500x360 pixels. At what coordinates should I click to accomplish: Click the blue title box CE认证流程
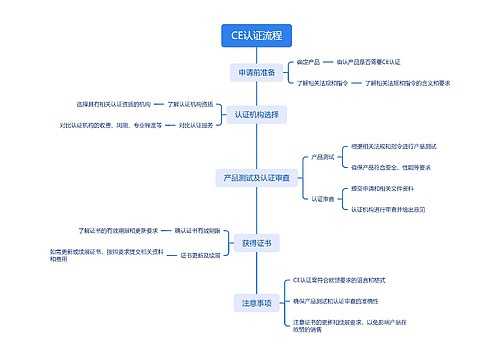pyautogui.click(x=256, y=36)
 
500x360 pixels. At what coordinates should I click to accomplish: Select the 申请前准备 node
pyautogui.click(x=257, y=73)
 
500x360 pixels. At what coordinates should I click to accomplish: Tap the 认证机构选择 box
pyautogui.click(x=256, y=115)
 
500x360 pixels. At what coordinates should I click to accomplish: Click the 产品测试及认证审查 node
pyautogui.click(x=257, y=178)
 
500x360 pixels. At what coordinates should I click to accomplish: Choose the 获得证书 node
pyautogui.click(x=257, y=243)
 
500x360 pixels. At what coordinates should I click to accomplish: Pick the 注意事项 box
pyautogui.click(x=257, y=301)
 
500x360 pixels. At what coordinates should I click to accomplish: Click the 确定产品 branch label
pyautogui.click(x=307, y=63)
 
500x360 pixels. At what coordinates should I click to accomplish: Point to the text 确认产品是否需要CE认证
pyautogui.click(x=368, y=63)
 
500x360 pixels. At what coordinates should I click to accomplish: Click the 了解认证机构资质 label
pyautogui.click(x=191, y=104)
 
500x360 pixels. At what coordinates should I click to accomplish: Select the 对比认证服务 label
pyautogui.click(x=196, y=125)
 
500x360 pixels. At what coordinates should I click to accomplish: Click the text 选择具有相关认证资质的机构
pyautogui.click(x=113, y=104)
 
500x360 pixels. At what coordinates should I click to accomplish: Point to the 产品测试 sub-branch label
pyautogui.click(x=322, y=157)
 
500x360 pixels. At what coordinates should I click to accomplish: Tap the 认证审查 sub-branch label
pyautogui.click(x=322, y=199)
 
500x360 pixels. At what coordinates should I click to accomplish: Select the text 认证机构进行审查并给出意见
pyautogui.click(x=389, y=209)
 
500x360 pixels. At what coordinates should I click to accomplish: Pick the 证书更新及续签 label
pyautogui.click(x=201, y=255)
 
